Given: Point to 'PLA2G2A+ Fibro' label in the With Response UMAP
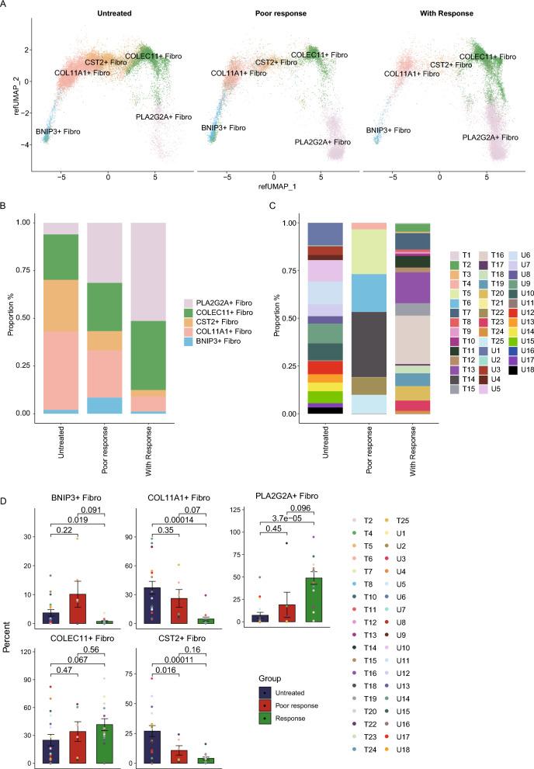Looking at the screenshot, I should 491,137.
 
